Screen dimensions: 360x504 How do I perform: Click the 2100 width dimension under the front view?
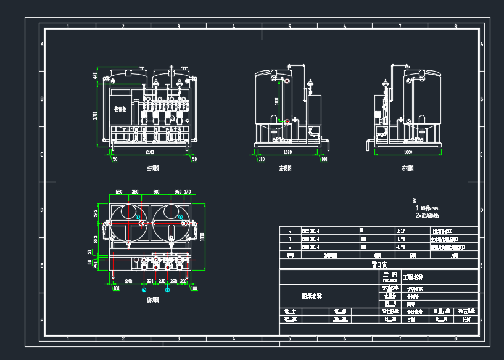(150, 152)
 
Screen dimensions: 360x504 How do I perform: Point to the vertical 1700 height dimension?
(96, 115)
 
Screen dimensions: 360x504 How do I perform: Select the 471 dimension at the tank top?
(96, 76)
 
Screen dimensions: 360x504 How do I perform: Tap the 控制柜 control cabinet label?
(120, 109)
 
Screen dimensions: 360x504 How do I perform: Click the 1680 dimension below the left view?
(287, 152)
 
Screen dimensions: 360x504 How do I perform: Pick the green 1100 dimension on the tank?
(277, 100)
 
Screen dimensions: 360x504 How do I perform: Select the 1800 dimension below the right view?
(408, 152)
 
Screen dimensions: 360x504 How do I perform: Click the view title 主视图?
(152, 168)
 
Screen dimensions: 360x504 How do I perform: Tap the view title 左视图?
(285, 168)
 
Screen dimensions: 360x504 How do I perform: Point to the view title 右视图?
(407, 168)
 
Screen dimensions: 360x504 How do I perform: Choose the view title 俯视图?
(152, 300)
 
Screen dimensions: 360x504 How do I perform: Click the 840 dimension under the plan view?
(128, 280)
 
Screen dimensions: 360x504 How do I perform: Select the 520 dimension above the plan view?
(119, 192)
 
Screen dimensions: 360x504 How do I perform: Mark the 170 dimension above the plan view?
(188, 192)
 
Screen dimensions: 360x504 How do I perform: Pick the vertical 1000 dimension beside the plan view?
(202, 237)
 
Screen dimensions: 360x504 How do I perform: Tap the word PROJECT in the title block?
(390, 279)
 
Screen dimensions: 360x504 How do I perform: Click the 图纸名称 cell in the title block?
(311, 295)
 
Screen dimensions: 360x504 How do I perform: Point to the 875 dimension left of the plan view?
(96, 239)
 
